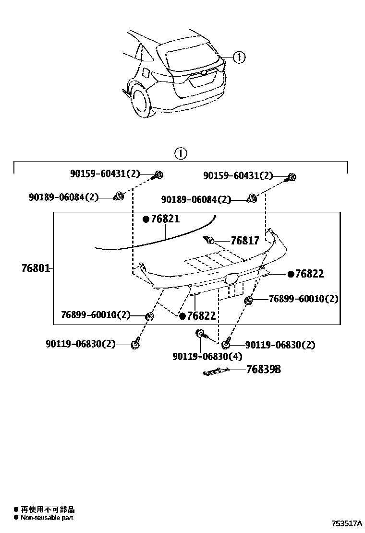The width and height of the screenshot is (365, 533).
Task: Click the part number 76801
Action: [x=36, y=268]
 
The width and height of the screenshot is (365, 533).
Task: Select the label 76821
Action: [x=165, y=219]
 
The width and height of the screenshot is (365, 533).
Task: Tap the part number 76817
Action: [x=244, y=241]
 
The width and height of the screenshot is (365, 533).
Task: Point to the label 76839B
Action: [x=263, y=370]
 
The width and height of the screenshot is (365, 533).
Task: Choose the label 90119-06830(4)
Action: [x=207, y=356]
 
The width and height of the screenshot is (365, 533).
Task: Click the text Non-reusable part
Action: [x=47, y=518]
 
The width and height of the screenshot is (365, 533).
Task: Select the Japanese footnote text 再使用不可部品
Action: [x=48, y=510]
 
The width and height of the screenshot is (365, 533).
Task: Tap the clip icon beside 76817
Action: [x=209, y=240]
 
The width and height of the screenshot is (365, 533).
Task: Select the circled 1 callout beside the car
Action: [x=239, y=58]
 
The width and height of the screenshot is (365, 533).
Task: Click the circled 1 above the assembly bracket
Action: [x=180, y=154]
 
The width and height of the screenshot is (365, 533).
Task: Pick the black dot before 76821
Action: [x=146, y=219]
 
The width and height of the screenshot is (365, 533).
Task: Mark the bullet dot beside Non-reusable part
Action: [x=16, y=518]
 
